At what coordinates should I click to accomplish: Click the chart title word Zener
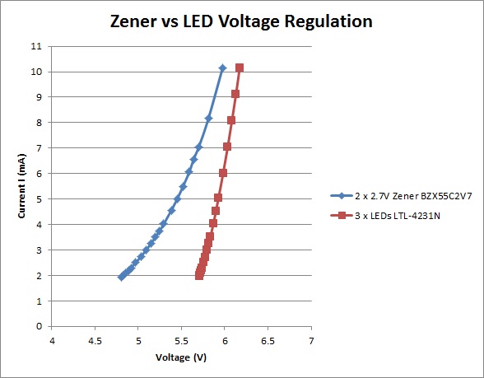point(133,21)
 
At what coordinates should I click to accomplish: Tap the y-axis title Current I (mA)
point(21,186)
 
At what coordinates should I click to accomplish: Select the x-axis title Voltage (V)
point(181,357)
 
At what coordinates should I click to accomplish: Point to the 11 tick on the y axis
point(36,46)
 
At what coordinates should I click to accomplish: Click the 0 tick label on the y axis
point(39,326)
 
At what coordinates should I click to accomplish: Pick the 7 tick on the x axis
point(311,341)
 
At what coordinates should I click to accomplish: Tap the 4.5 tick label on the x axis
point(95,341)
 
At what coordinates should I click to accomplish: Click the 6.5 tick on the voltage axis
point(268,341)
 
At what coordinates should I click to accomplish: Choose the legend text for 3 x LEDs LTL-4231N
point(398,216)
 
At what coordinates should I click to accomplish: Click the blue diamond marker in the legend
point(342,196)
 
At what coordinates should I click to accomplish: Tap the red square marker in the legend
point(342,216)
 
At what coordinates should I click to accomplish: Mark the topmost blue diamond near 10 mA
point(222,68)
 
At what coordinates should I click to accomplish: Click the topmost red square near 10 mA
point(240,68)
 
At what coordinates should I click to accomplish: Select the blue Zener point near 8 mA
point(208,119)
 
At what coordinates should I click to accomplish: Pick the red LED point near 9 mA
point(235,94)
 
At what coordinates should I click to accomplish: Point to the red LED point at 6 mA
point(223,173)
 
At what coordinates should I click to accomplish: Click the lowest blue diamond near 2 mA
point(122,277)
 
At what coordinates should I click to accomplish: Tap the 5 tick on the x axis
point(138,341)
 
